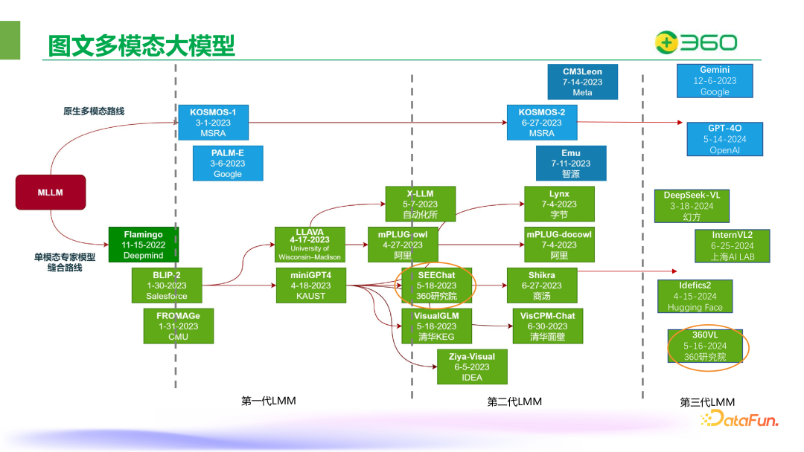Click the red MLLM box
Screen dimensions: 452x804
(51, 192)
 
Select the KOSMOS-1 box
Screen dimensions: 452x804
(213, 123)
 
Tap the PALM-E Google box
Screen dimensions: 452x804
(227, 163)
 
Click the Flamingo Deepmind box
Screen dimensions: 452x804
(143, 245)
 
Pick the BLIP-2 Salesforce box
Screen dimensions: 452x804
(167, 285)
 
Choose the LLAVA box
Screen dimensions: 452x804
(310, 245)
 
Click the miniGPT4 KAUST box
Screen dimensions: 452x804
(310, 285)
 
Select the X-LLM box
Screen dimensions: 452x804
(421, 204)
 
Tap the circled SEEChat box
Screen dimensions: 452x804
(436, 285)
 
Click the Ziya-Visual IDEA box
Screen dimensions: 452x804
(472, 367)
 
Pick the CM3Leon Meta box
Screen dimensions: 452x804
(582, 82)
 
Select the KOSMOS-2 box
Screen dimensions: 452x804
(541, 123)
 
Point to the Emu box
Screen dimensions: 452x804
(571, 163)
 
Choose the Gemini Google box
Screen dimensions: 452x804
(715, 81)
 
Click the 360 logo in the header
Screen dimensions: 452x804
(695, 42)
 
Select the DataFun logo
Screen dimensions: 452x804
(738, 420)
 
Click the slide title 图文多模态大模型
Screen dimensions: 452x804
(141, 45)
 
